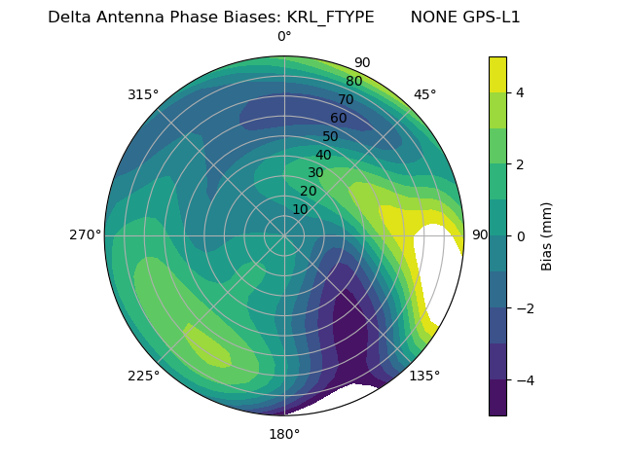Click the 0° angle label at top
(284, 37)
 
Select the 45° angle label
(424, 94)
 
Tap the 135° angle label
(424, 376)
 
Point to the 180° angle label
(284, 434)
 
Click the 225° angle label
(143, 376)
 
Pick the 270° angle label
(86, 234)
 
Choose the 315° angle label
(143, 94)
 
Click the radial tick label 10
(300, 209)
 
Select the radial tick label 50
(331, 136)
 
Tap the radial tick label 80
(353, 81)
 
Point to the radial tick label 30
(315, 173)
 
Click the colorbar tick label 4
(520, 92)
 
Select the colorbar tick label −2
(524, 308)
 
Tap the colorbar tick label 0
(520, 236)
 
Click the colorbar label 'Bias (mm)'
(547, 236)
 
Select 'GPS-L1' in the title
(493, 17)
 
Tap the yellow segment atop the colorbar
(497, 74)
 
